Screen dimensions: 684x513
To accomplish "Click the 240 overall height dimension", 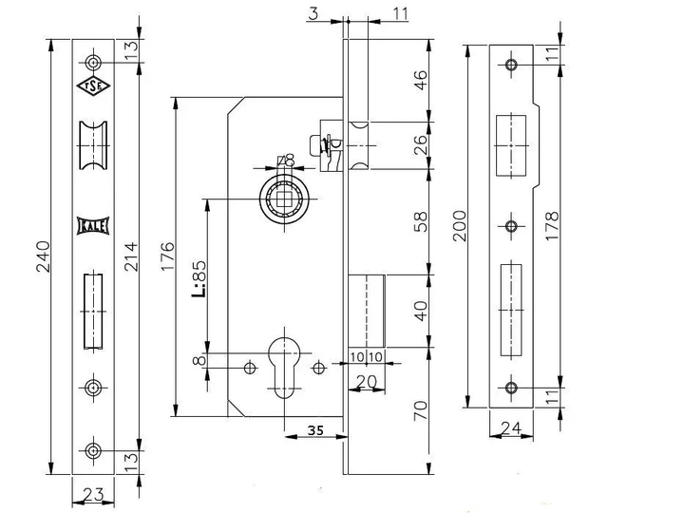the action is tap(43, 256).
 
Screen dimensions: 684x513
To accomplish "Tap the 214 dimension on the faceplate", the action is tap(131, 256).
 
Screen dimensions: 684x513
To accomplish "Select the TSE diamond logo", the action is tap(93, 85).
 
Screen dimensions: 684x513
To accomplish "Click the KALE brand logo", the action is tap(93, 226).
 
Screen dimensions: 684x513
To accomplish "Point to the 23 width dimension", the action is tap(93, 494).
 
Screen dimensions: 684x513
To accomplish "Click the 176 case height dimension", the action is tap(167, 256).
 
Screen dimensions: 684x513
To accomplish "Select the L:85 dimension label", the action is tap(199, 279).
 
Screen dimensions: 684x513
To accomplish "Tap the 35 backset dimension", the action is tap(315, 430).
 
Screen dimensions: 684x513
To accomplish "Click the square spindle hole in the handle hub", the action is tap(284, 199).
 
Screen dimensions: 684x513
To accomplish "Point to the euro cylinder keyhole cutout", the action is tap(284, 368).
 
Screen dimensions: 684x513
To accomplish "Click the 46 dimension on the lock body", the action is tap(421, 80).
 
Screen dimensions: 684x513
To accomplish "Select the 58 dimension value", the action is tap(421, 221).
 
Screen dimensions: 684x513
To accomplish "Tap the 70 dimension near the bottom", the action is tap(421, 410).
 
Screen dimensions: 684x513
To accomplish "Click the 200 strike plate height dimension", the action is tap(460, 225).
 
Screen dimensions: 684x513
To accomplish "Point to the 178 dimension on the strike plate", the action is tap(552, 225).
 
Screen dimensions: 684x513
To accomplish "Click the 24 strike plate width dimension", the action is tap(511, 428).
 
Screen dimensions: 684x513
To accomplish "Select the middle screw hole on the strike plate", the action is tap(511, 226).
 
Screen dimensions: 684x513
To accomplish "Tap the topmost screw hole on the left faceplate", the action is tap(93, 63).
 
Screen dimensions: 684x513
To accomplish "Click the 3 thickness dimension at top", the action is tap(313, 13).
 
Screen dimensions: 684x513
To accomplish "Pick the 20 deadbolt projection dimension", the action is tap(367, 382).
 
